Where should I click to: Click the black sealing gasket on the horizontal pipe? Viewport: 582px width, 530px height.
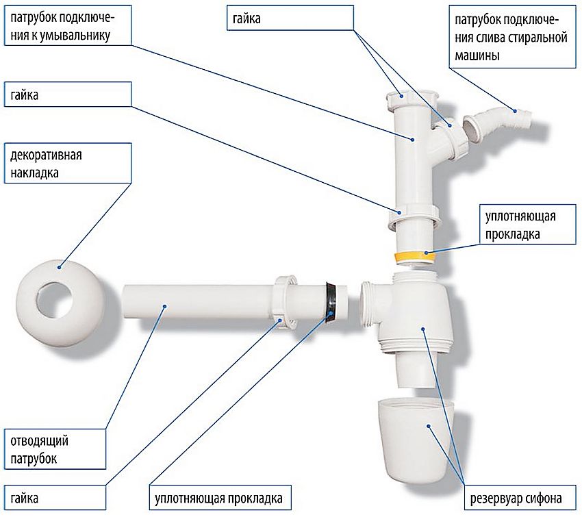coord(331,301)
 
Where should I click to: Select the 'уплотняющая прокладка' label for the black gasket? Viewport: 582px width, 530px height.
coord(218,498)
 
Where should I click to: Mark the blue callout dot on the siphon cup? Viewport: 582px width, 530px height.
coord(429,425)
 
